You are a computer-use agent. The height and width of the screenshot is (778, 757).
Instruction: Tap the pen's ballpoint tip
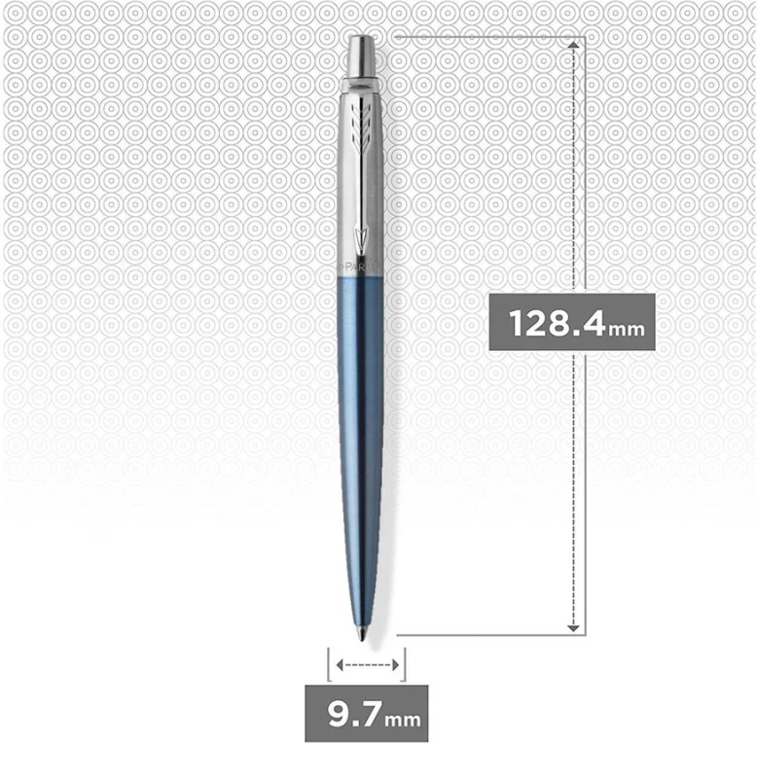pos(365,638)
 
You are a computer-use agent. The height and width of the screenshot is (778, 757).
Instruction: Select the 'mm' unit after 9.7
pos(403,722)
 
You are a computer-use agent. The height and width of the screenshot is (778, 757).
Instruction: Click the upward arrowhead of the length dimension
pos(575,45)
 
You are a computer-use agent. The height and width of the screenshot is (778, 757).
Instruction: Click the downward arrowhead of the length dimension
pos(575,627)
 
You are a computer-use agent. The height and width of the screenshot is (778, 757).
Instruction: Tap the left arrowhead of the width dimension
pos(340,665)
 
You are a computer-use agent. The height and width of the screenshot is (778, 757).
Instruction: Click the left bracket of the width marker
pos(328,665)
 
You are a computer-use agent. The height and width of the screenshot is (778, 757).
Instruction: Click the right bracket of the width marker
pos(404,665)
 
